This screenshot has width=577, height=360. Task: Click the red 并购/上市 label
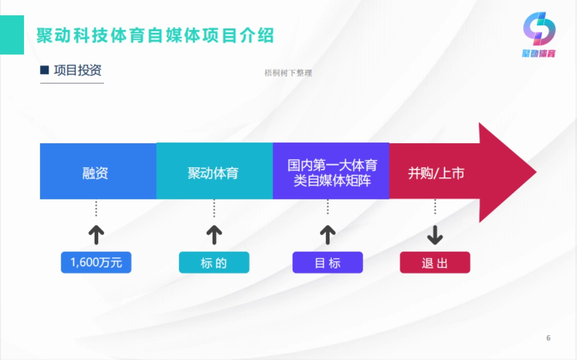436,173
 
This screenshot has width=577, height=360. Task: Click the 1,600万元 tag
96,262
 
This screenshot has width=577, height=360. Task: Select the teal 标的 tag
214,262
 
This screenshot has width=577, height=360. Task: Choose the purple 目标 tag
327,262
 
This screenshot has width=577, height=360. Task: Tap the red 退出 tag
435,262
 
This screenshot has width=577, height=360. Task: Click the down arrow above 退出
435,235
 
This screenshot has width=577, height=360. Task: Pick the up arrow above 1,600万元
96,235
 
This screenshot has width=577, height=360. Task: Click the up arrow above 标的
214,235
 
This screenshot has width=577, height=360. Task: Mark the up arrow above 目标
327,235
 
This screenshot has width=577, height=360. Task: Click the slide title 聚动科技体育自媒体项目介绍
155,36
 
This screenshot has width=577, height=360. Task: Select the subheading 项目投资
77,70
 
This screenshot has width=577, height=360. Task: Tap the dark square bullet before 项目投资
45,71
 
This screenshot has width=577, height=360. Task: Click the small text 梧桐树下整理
288,73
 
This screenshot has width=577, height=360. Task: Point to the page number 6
548,337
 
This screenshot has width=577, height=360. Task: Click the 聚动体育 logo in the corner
539,35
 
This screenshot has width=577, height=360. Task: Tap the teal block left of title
12,35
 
